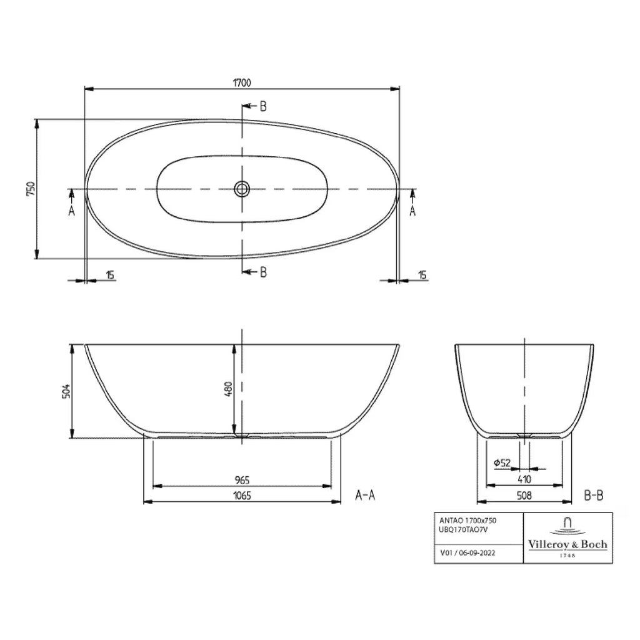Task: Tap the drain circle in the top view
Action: [x=242, y=188]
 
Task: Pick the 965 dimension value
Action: [x=242, y=480]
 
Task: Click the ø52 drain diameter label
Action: [x=502, y=462]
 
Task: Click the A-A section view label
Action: [x=365, y=496]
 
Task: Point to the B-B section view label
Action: [x=593, y=496]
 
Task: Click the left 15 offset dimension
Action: [x=110, y=275]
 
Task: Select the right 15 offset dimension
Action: [x=422, y=275]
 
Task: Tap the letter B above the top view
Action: [x=263, y=106]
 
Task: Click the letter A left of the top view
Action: [x=71, y=211]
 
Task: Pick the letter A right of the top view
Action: [x=412, y=211]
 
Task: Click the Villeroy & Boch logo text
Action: [x=567, y=544]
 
